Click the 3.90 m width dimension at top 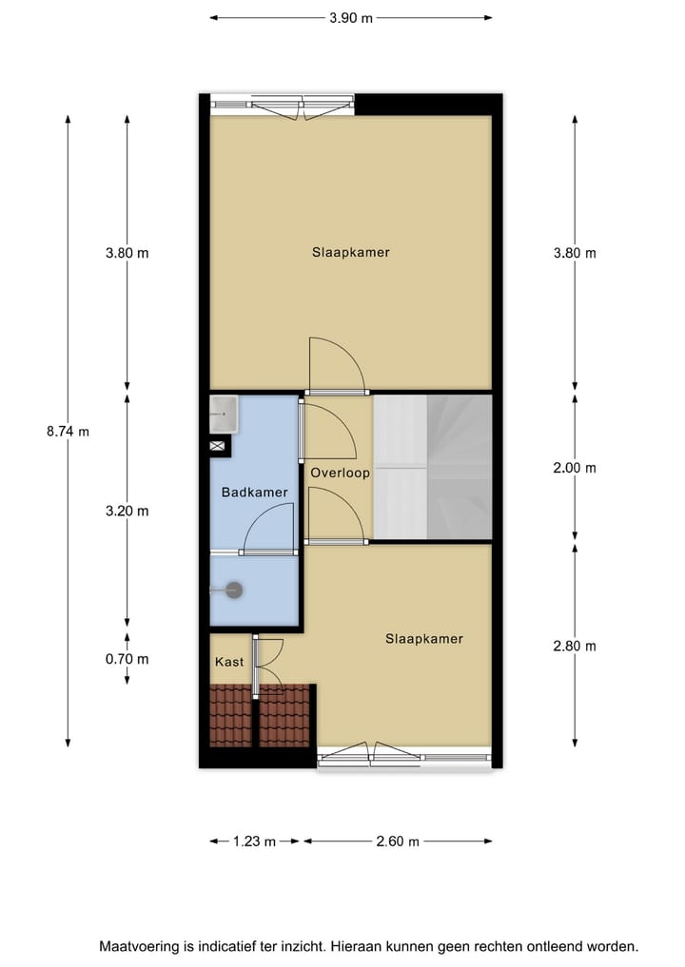tap(350, 17)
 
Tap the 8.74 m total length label tap(68, 431)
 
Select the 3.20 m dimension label tap(127, 511)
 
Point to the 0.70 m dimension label tap(127, 659)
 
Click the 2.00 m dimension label tap(575, 468)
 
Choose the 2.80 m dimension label tap(575, 646)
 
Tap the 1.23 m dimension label tap(254, 841)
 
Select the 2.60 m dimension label tap(398, 841)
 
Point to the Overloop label tap(340, 473)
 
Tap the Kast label tap(228, 662)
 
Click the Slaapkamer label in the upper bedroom tap(351, 253)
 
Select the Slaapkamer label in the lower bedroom tap(423, 639)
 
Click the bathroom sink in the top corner tap(225, 410)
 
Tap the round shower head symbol tap(234, 590)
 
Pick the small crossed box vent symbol tap(217, 445)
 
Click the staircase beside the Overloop tap(432, 467)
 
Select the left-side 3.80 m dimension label tap(127, 253)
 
